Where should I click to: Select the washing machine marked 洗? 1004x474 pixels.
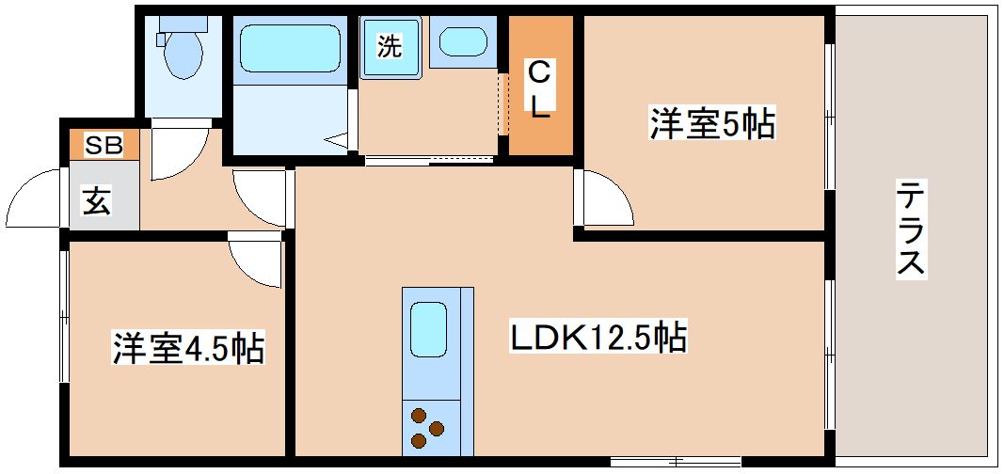coord(389,47)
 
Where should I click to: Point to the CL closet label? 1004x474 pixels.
coord(539,89)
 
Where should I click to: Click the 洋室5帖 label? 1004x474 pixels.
coord(712,123)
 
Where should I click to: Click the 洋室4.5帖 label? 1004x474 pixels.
coord(187,347)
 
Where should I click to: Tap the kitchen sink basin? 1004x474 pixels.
coord(430,329)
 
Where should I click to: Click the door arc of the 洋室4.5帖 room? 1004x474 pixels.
coord(255,262)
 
